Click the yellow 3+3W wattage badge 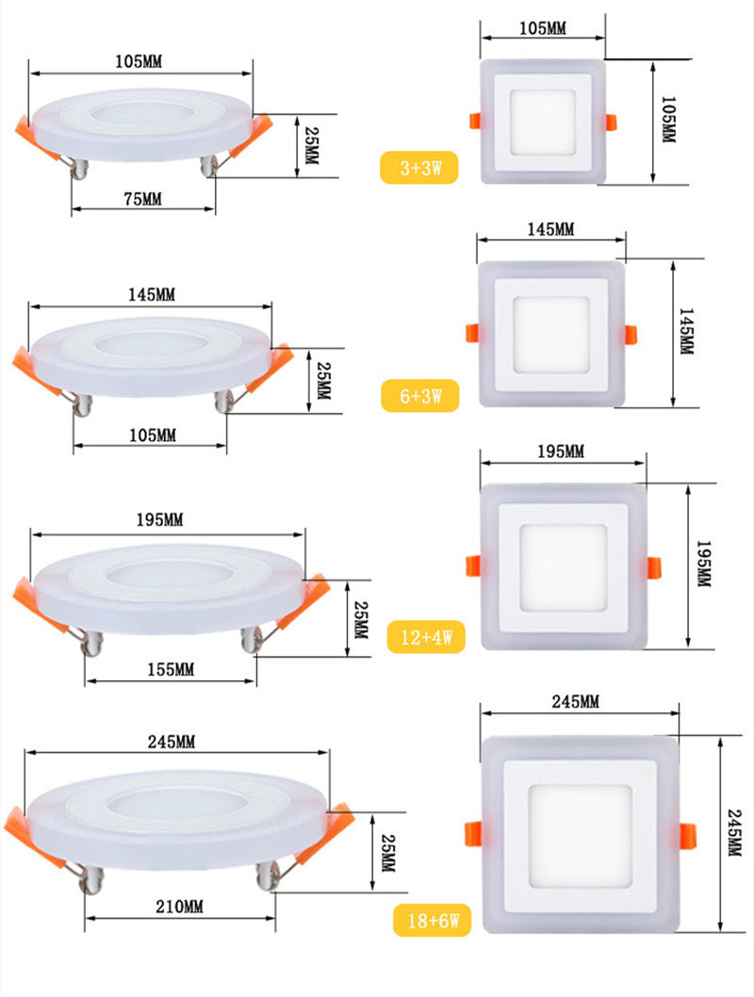(418, 169)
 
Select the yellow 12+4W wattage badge (426, 638)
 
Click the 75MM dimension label (141, 199)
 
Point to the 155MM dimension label (171, 670)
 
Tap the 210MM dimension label (179, 907)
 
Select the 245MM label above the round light (172, 742)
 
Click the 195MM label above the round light (160, 520)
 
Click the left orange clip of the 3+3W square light (474, 122)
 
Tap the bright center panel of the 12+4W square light (563, 566)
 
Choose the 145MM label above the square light (550, 230)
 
